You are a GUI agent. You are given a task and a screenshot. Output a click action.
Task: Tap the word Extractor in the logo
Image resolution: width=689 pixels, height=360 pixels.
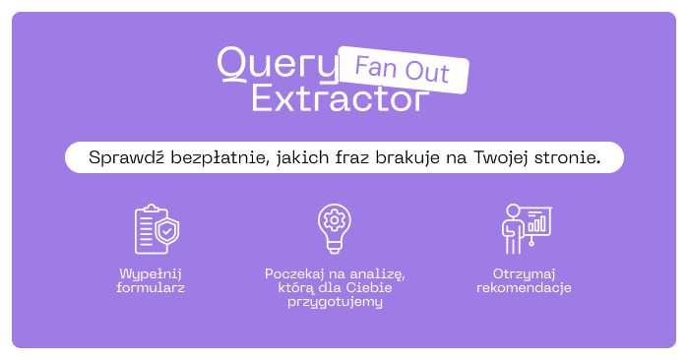tap(341, 98)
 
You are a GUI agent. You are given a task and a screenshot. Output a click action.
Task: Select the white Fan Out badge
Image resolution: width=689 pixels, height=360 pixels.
tap(404, 70)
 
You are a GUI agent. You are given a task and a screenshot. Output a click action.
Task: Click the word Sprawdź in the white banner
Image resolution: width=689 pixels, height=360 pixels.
tap(127, 157)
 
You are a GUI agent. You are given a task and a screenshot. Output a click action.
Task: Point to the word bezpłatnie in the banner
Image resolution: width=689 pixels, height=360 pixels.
tap(219, 157)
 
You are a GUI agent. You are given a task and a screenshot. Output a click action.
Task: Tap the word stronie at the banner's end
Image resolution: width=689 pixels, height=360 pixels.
tap(567, 157)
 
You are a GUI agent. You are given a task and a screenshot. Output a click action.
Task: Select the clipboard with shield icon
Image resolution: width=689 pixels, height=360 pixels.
tap(157, 229)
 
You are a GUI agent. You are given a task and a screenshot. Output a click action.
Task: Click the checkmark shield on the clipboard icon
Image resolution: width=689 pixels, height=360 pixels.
tap(167, 231)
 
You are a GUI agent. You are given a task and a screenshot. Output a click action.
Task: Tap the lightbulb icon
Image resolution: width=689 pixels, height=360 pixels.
tap(335, 228)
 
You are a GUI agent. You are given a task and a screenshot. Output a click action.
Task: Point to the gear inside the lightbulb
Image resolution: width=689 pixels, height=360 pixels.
tap(335, 220)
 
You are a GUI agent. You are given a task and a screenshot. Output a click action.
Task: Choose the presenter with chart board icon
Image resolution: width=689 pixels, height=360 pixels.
tap(527, 229)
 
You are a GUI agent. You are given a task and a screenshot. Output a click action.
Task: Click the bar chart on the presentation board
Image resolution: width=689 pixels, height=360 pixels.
tap(536, 223)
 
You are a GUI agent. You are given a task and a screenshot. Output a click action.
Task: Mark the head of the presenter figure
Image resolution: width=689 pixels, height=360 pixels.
tap(513, 210)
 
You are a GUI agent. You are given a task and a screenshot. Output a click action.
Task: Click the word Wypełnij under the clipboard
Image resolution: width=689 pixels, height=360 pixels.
tap(151, 274)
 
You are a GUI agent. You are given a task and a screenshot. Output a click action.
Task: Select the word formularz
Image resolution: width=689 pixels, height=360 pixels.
tap(151, 288)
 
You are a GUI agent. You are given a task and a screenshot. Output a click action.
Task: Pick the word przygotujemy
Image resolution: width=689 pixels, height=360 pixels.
tap(335, 302)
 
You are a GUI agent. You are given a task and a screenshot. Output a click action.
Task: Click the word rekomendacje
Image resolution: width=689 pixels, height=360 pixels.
tap(524, 288)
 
